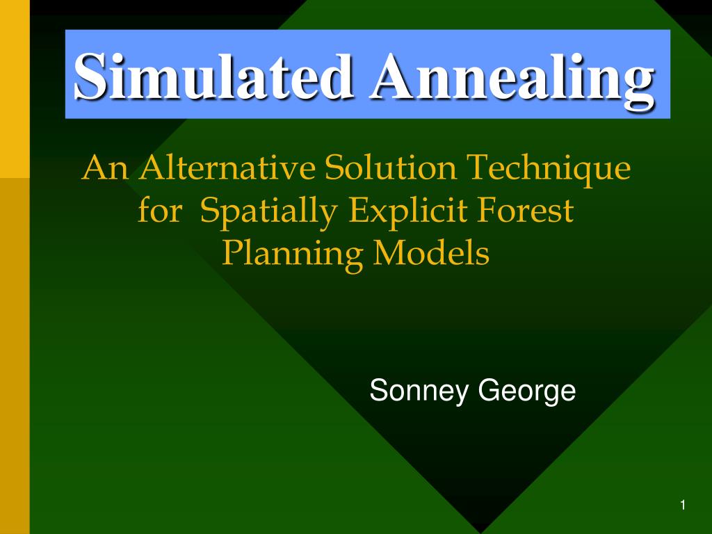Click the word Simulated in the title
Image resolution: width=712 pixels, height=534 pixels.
click(x=213, y=76)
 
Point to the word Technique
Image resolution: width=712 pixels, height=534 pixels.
click(x=549, y=170)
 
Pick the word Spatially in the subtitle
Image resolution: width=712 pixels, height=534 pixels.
click(x=269, y=211)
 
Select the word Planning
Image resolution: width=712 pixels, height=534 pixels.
click(x=293, y=254)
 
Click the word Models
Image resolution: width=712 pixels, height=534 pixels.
click(x=431, y=252)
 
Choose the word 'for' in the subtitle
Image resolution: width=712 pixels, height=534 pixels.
click(x=160, y=210)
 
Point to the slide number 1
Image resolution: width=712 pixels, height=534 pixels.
click(x=683, y=505)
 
